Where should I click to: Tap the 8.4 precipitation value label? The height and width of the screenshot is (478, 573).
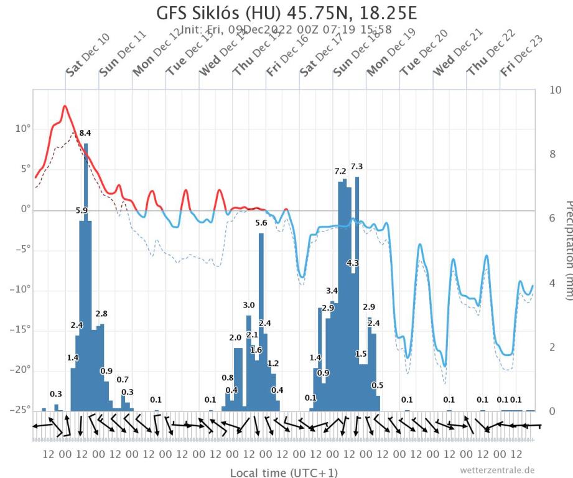pos(85,133)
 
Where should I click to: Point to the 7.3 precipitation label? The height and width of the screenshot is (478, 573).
pos(356,166)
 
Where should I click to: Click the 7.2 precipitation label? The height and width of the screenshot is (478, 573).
pos(340,171)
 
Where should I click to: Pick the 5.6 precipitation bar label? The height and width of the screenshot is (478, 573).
pos(261,223)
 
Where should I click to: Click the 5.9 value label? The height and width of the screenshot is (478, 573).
pos(82,211)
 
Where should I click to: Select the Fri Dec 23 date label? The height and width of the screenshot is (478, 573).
pos(521,55)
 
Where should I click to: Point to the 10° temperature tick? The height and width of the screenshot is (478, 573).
pos(21,129)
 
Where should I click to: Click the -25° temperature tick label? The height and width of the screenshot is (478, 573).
pos(19,411)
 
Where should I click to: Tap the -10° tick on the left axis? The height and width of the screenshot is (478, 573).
pos(19,290)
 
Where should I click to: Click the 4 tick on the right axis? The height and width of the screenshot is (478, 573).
pos(553,283)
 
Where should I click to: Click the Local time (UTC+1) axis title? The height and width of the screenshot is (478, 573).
pos(284,472)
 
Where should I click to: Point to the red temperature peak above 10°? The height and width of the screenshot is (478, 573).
pos(64,106)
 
